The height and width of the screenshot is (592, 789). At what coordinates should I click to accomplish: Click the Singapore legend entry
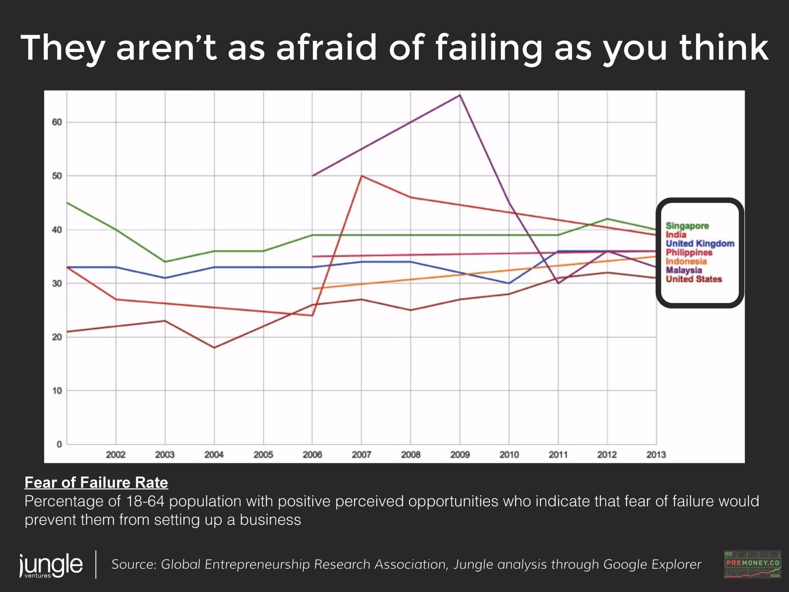point(687,226)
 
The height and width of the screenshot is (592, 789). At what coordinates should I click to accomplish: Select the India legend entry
point(676,235)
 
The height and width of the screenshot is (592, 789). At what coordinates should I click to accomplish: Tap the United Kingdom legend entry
point(700,244)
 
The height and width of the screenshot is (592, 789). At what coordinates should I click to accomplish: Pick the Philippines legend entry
point(689,253)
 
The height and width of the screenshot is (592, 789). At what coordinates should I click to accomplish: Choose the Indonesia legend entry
point(686,261)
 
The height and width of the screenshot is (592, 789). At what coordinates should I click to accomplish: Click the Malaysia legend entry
point(684,270)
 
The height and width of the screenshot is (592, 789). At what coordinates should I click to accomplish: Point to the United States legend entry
point(694,279)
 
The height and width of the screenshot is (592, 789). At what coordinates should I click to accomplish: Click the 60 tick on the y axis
point(57,122)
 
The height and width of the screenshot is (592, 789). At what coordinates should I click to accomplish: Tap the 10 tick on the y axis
point(57,391)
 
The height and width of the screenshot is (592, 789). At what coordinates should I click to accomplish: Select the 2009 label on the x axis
point(460,454)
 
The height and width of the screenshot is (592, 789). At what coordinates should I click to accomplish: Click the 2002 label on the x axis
point(116,454)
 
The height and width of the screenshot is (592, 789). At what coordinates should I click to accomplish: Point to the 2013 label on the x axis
point(656,454)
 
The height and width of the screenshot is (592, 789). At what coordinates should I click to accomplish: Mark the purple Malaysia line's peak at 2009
point(460,95)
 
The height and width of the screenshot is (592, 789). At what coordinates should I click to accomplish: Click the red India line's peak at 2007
point(361,175)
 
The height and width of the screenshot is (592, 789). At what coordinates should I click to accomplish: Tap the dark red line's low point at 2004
point(214,347)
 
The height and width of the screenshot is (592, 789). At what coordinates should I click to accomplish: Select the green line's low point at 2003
point(165,262)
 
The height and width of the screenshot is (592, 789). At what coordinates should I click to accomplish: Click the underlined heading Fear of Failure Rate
point(96,483)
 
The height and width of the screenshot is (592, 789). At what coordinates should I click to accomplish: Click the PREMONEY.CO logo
point(753,565)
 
